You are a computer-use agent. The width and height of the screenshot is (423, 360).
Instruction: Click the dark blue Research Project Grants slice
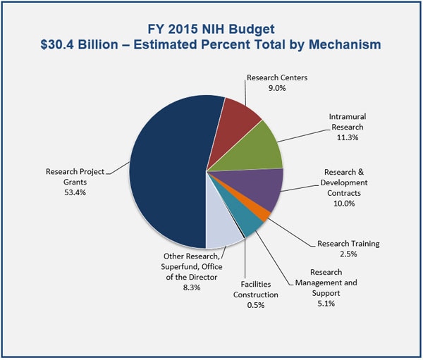point(169,169)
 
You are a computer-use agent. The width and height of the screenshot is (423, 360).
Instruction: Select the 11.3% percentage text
point(347,138)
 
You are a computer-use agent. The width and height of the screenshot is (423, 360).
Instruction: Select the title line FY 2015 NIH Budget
point(211,30)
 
